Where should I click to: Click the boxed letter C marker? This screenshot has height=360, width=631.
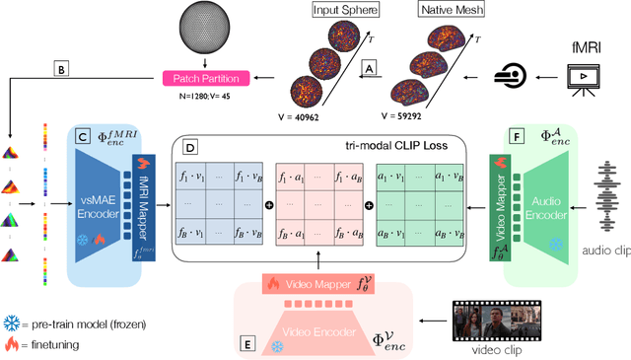pyautogui.click(x=80, y=136)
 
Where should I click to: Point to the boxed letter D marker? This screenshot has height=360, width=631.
pyautogui.click(x=186, y=147)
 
